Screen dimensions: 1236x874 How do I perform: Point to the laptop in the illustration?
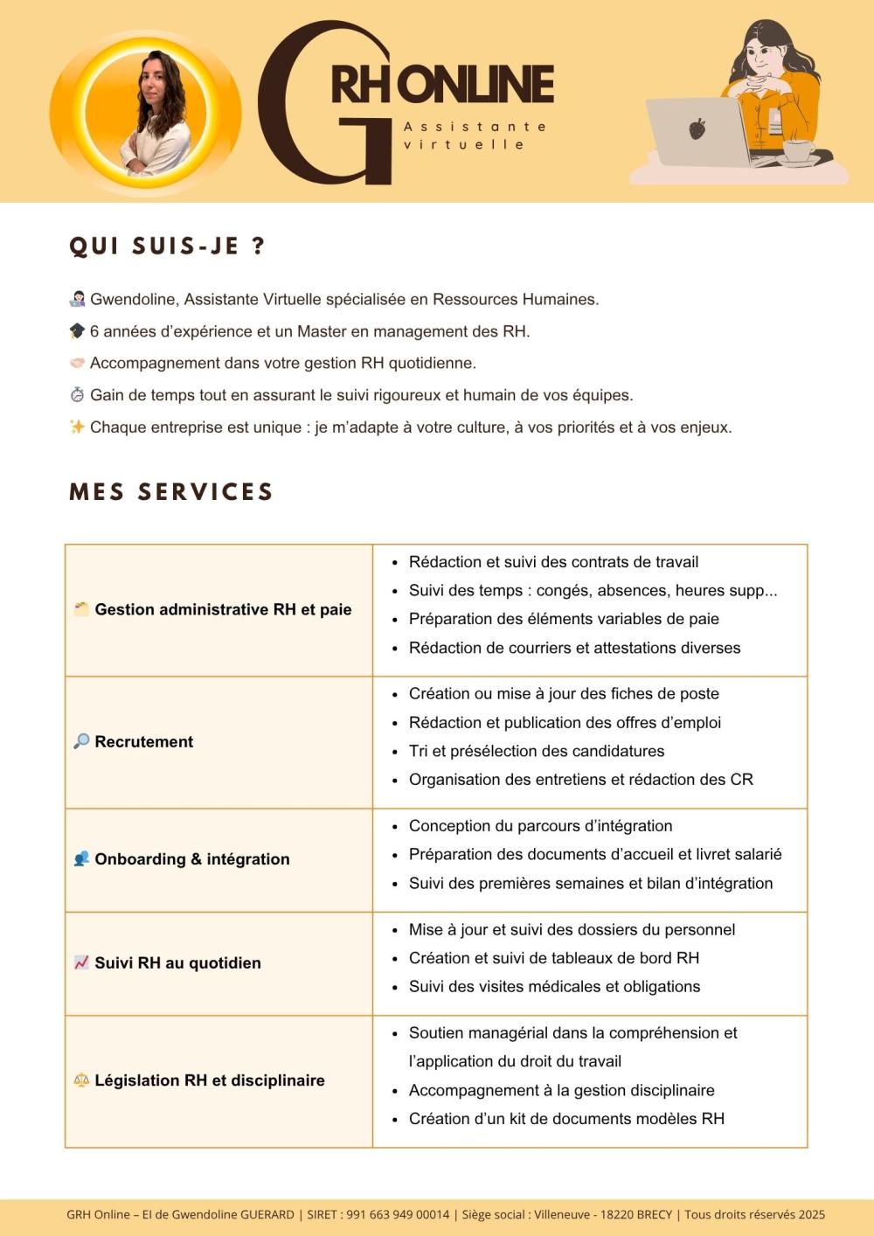pos(697,132)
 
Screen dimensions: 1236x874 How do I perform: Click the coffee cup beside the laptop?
pos(798,150)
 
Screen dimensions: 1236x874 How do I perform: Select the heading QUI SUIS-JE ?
pos(166,247)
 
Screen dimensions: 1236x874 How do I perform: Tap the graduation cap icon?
pos(77,331)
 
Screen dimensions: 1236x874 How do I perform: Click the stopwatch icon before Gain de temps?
pos(77,395)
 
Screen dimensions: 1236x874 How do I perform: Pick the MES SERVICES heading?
pos(171,492)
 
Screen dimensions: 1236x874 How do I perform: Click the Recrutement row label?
pos(144,742)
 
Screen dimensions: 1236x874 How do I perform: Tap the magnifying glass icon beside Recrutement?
pos(81,741)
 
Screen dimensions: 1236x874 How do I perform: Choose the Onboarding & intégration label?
pos(192,859)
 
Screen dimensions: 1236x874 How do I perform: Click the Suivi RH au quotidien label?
pos(177,963)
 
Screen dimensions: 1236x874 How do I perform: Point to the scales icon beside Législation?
pos(81,1080)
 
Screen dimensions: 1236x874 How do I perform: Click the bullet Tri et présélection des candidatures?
pos(537,752)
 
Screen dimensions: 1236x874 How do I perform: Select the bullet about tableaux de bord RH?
pos(554,958)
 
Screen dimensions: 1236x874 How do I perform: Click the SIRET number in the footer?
pos(398,1214)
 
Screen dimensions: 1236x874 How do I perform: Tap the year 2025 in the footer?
pos(811,1214)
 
